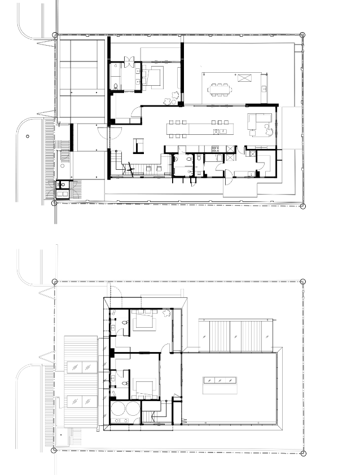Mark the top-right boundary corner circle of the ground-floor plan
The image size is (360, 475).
(x=302, y=35)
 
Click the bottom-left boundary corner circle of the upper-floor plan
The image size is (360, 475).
(x=54, y=450)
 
